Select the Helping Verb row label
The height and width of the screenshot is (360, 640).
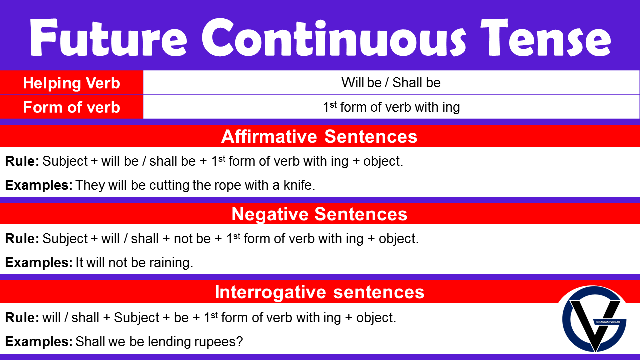click(x=71, y=83)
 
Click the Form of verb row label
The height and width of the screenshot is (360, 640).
click(x=71, y=107)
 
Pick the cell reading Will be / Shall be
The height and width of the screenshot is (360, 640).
click(x=391, y=83)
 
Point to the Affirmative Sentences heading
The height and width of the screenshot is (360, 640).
click(x=319, y=136)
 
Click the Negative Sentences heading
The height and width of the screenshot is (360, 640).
click(x=319, y=214)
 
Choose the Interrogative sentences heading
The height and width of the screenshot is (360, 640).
click(x=319, y=292)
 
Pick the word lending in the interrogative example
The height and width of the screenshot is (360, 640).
click(x=162, y=342)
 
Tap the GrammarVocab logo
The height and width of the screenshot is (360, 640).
click(x=594, y=320)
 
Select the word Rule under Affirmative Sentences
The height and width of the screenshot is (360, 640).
click(x=21, y=161)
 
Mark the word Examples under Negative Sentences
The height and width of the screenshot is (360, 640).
click(x=39, y=263)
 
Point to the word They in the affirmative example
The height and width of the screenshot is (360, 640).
click(x=90, y=186)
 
